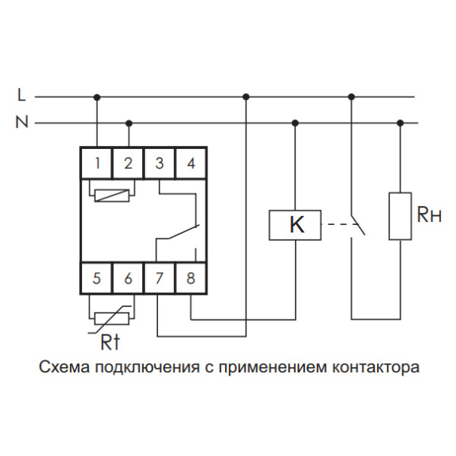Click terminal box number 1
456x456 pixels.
coord(97,163)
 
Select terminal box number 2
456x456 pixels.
coord(128,163)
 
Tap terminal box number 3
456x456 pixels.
coord(160,163)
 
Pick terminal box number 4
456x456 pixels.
coord(191,163)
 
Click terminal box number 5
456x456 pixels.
coord(97,277)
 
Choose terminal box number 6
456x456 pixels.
coord(128,277)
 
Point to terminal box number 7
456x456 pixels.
coord(160,277)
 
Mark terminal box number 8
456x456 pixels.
coord(191,277)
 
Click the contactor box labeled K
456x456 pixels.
coord(296,225)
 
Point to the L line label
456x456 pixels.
coord(21,97)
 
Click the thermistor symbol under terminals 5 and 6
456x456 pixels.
coord(112,311)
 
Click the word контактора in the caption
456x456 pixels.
coord(376,369)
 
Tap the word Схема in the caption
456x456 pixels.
coord(63,369)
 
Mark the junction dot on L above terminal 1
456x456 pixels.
coord(97,97)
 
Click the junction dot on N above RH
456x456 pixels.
coord(401,122)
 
